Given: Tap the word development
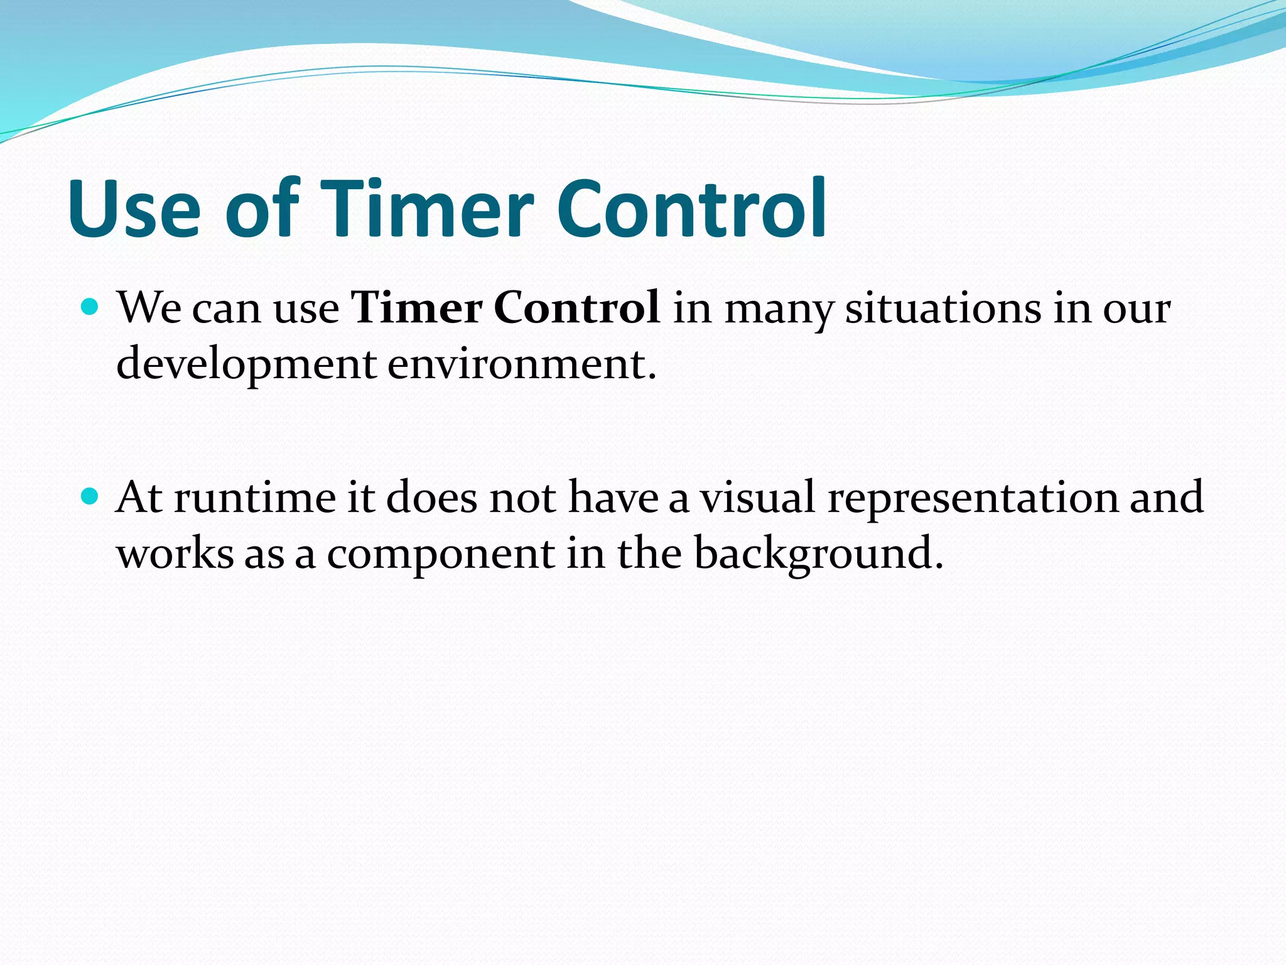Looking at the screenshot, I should pyautogui.click(x=247, y=364).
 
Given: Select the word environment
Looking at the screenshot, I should pyautogui.click(x=521, y=364).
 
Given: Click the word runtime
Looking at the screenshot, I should pyautogui.click(x=255, y=498).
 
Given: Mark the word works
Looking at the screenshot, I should pyautogui.click(x=175, y=554).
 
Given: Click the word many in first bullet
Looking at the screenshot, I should pyautogui.click(x=779, y=310).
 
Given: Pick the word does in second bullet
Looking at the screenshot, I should pyautogui.click(x=431, y=498).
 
